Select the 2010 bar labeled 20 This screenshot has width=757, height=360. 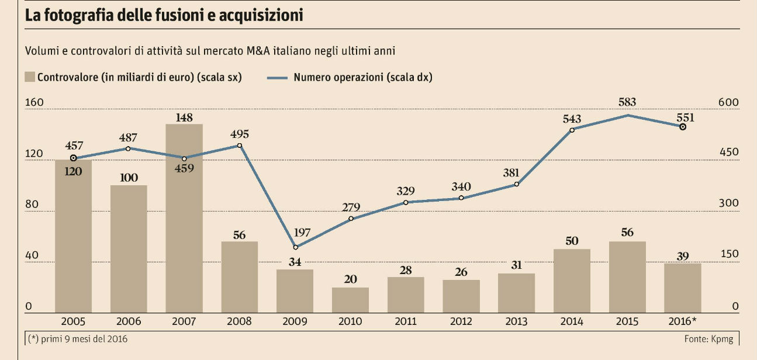[x=350, y=300]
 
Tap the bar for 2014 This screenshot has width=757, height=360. [x=572, y=281]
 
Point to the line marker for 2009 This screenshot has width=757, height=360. [x=295, y=247]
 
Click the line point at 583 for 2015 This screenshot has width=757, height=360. [x=627, y=115]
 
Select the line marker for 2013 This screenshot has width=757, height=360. [x=516, y=185]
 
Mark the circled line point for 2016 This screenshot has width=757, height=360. [x=682, y=127]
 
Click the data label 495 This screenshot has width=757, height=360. [x=239, y=132]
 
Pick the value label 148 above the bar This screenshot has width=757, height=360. [x=184, y=117]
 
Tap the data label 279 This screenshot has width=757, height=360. [x=350, y=207]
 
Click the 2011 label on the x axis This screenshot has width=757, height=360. [x=406, y=321]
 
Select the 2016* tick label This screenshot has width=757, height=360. [x=683, y=321]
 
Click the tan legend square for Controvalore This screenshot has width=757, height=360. [x=30, y=77]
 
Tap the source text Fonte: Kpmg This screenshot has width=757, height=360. [x=708, y=339]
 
